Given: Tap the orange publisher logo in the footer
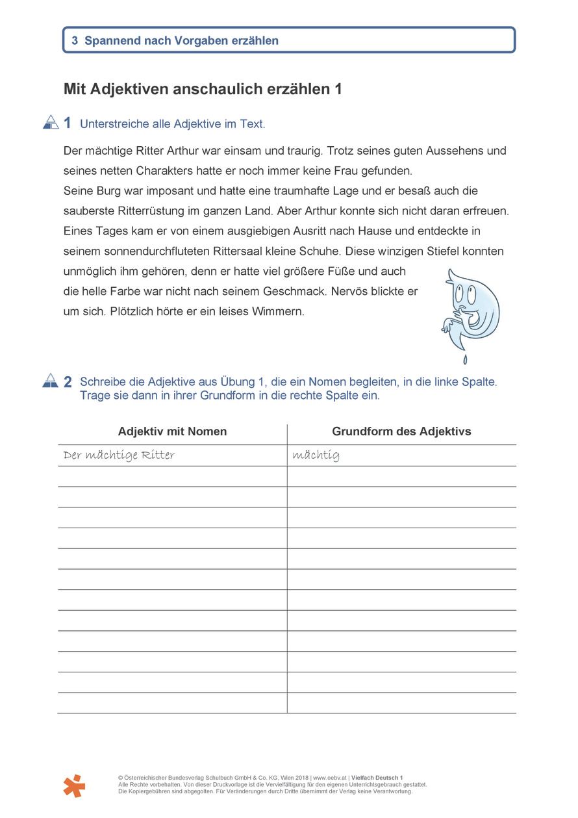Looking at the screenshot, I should pyautogui.click(x=74, y=786).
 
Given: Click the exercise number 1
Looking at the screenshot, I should pyautogui.click(x=68, y=123).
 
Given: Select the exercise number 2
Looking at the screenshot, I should pyautogui.click(x=68, y=382).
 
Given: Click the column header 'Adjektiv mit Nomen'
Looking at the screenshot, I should pyautogui.click(x=172, y=431).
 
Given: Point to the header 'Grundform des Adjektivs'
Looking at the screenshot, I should pyautogui.click(x=401, y=431).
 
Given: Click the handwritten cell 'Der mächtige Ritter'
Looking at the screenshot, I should pyautogui.click(x=119, y=455).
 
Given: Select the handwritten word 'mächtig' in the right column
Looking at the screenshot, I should pyautogui.click(x=316, y=455).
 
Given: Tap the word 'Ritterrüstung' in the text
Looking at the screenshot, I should pyautogui.click(x=152, y=211).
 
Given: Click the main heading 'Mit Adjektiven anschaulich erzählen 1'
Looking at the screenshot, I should pyautogui.click(x=203, y=90).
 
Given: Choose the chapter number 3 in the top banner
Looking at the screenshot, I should pyautogui.click(x=75, y=40).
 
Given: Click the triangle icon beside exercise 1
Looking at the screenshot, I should pyautogui.click(x=51, y=122).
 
